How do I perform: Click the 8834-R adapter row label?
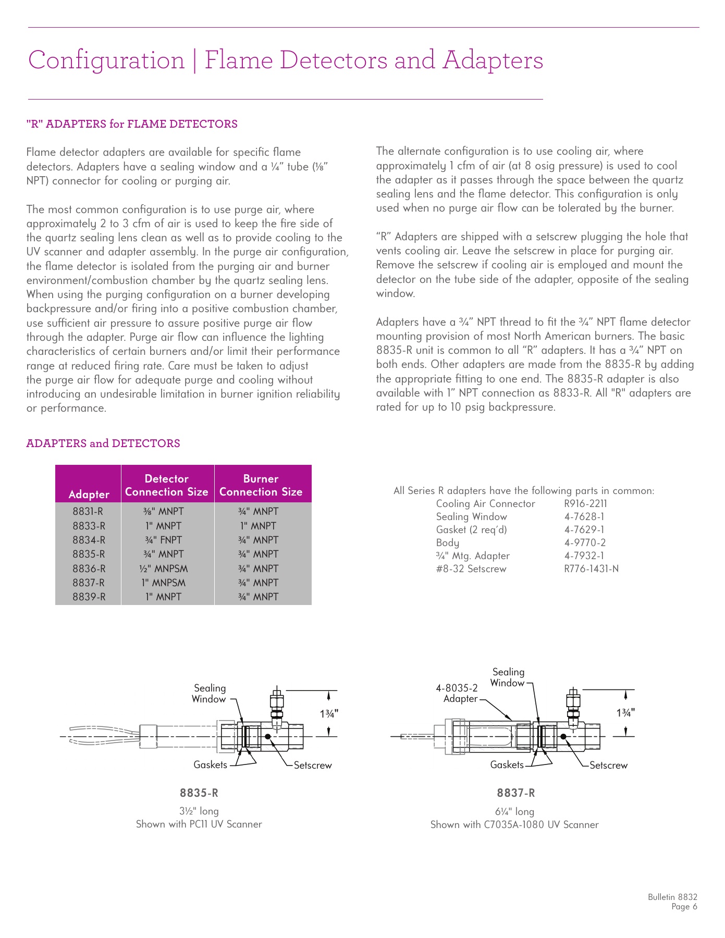(89, 540)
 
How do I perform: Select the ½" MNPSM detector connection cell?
(164, 569)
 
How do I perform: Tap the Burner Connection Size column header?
(261, 485)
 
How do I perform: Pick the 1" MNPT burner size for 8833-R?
(259, 526)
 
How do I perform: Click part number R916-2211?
(585, 504)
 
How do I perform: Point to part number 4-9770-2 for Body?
(585, 542)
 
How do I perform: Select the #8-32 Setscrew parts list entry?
(471, 569)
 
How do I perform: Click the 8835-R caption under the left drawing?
(199, 793)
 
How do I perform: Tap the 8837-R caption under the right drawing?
(515, 793)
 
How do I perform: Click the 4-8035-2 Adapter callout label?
(457, 693)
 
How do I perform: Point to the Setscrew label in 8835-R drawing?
(313, 766)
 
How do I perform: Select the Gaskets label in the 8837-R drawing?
(507, 765)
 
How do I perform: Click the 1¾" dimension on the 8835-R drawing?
(329, 713)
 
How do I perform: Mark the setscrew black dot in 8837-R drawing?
(563, 736)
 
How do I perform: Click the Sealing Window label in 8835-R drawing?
(209, 694)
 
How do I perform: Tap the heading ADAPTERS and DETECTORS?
(103, 443)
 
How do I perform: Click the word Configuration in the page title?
(106, 60)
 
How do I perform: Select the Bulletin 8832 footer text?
(672, 897)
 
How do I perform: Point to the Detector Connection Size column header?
(167, 485)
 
